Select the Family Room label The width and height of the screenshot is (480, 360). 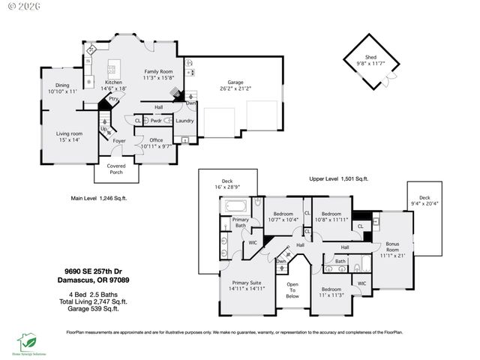(x=158, y=73)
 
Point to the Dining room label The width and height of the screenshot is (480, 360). (x=62, y=88)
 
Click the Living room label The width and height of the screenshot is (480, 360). (x=69, y=136)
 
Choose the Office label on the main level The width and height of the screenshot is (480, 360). (x=156, y=143)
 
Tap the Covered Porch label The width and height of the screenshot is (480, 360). (x=116, y=169)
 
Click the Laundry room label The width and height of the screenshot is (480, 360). (x=184, y=121)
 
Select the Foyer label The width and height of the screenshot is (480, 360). (x=119, y=140)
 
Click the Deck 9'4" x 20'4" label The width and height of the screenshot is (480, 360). (x=424, y=201)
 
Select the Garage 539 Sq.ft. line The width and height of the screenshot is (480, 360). (x=88, y=307)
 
